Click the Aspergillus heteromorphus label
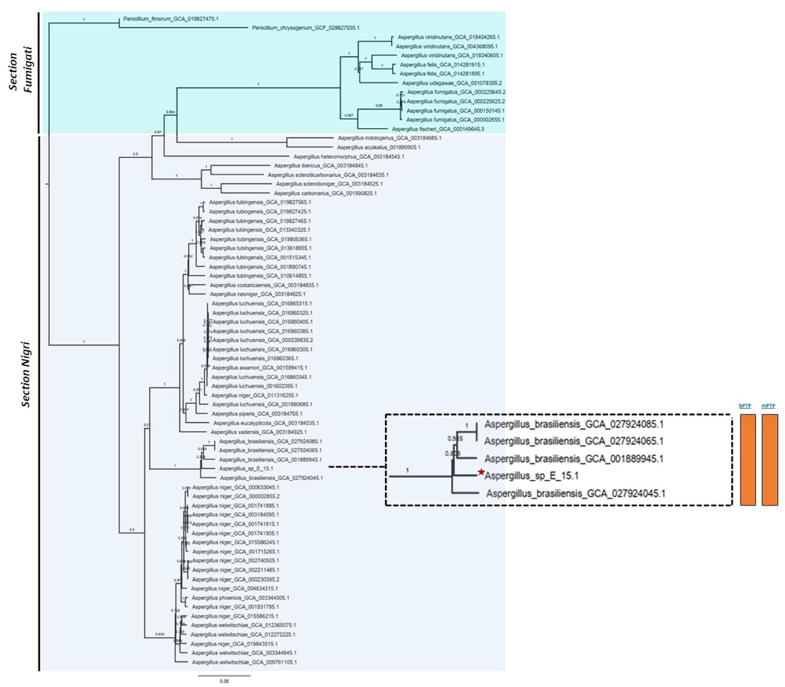[349, 157]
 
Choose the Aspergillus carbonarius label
[325, 193]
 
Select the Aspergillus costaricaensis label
[264, 285]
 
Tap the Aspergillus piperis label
[257, 414]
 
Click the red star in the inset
[481, 473]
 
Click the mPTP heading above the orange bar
[768, 406]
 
